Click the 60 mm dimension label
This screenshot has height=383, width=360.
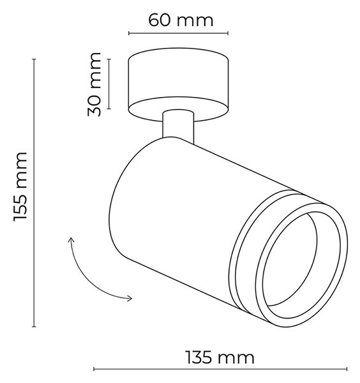181,20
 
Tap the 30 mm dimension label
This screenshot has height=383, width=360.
94,84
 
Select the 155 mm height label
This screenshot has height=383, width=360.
20,187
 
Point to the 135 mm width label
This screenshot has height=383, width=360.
220,358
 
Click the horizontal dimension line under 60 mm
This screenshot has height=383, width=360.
178,33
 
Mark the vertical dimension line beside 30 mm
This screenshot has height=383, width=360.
109,84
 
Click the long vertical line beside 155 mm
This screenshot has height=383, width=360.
34,193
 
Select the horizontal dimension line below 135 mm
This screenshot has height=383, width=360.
220,369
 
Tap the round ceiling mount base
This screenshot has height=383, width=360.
178,84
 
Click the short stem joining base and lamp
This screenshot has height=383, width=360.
178,126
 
